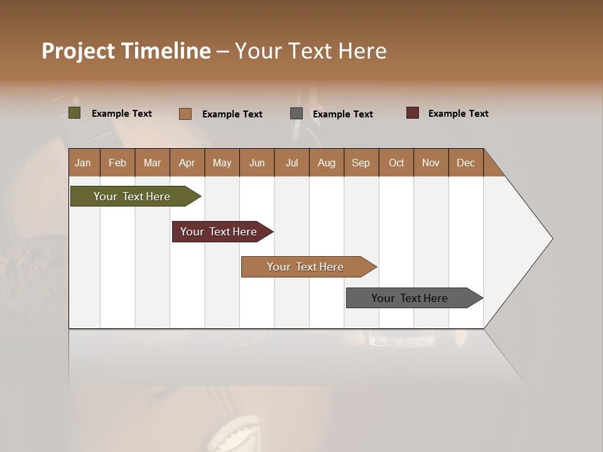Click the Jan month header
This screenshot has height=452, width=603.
[x=84, y=163]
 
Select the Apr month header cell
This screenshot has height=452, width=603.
[x=187, y=163]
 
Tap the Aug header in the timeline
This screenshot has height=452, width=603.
[x=327, y=163]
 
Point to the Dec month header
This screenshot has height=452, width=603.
[x=465, y=163]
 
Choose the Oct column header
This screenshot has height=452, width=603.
[x=396, y=163]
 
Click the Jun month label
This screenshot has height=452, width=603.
[x=257, y=163]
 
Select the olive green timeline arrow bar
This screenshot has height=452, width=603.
[x=132, y=196]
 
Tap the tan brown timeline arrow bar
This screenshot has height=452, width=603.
[x=305, y=267]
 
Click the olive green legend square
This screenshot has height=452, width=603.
[x=74, y=113]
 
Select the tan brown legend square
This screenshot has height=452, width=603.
[x=185, y=114]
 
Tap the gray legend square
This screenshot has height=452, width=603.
[x=296, y=113]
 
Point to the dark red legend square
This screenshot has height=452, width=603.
[x=413, y=113]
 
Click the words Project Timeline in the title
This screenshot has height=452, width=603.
[x=126, y=51]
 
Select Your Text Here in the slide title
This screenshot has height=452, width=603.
[x=310, y=51]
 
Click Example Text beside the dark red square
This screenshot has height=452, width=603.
[x=458, y=114]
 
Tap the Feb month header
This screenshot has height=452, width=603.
[x=117, y=163]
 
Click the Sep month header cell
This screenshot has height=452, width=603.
[x=361, y=163]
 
